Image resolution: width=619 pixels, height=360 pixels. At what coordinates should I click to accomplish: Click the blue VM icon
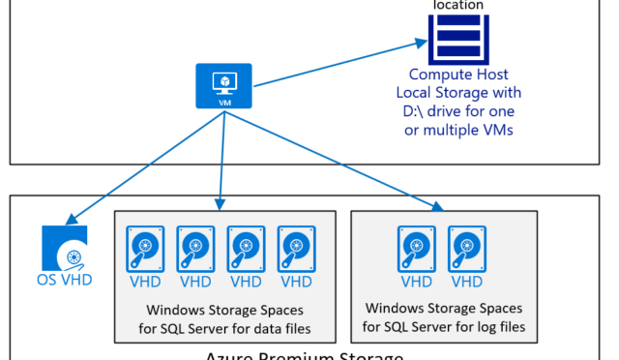(x=224, y=85)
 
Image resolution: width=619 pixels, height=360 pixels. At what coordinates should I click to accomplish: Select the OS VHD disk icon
(x=65, y=248)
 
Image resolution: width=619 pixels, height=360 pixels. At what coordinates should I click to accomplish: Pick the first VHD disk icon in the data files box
(x=144, y=250)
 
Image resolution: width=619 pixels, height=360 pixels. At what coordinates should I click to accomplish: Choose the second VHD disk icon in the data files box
(x=195, y=250)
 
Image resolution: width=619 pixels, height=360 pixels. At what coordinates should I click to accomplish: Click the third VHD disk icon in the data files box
(x=246, y=250)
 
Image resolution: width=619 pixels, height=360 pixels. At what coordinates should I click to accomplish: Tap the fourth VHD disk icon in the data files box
(x=296, y=250)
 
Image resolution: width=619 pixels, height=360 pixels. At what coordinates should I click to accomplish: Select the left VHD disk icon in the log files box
(x=417, y=250)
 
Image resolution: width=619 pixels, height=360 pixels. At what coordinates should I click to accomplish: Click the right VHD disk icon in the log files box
(x=467, y=250)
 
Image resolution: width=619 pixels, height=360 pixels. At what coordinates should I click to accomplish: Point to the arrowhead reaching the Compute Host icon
(x=422, y=43)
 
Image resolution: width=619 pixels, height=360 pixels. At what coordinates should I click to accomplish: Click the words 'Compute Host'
(x=457, y=75)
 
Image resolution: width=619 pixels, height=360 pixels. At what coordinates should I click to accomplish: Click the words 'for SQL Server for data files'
(x=223, y=328)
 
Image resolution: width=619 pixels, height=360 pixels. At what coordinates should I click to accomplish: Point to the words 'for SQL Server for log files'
(x=444, y=327)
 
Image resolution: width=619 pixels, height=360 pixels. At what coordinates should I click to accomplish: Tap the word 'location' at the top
(x=458, y=5)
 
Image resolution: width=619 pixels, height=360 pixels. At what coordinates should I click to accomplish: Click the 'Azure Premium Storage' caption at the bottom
(x=304, y=355)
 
